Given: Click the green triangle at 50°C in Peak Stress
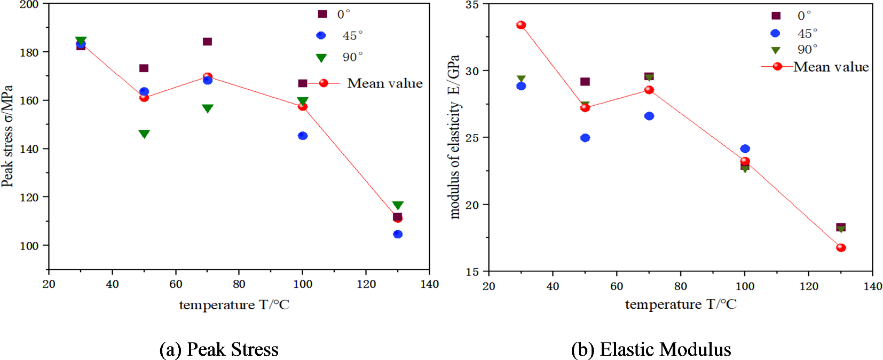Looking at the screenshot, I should tap(144, 134).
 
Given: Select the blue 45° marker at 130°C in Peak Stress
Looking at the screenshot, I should tap(398, 234).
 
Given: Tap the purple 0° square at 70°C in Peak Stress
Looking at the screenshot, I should tap(208, 42).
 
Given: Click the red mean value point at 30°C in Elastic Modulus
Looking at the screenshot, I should tap(521, 25).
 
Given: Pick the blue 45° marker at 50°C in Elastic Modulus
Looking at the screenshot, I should tap(585, 138).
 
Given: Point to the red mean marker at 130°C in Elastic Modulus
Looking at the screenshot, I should tap(841, 248).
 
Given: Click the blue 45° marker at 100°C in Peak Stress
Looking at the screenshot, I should tap(303, 136).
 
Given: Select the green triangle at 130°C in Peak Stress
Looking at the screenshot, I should tap(398, 205).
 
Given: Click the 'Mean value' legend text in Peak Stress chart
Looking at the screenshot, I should tap(384, 83).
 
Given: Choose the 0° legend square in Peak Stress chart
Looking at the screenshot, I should tap(322, 14).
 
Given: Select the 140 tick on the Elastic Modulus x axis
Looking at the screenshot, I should tap(872, 286).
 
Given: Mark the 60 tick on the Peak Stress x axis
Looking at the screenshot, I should tap(176, 284).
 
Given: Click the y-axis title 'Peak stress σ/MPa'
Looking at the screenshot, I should tap(7, 136).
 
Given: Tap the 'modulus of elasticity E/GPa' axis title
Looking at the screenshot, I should tap(454, 137).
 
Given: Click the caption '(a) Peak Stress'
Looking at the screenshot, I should tap(219, 349).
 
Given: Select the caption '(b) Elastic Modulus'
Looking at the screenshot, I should tap(651, 349).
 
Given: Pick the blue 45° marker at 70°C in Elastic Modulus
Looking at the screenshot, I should tap(649, 116).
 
